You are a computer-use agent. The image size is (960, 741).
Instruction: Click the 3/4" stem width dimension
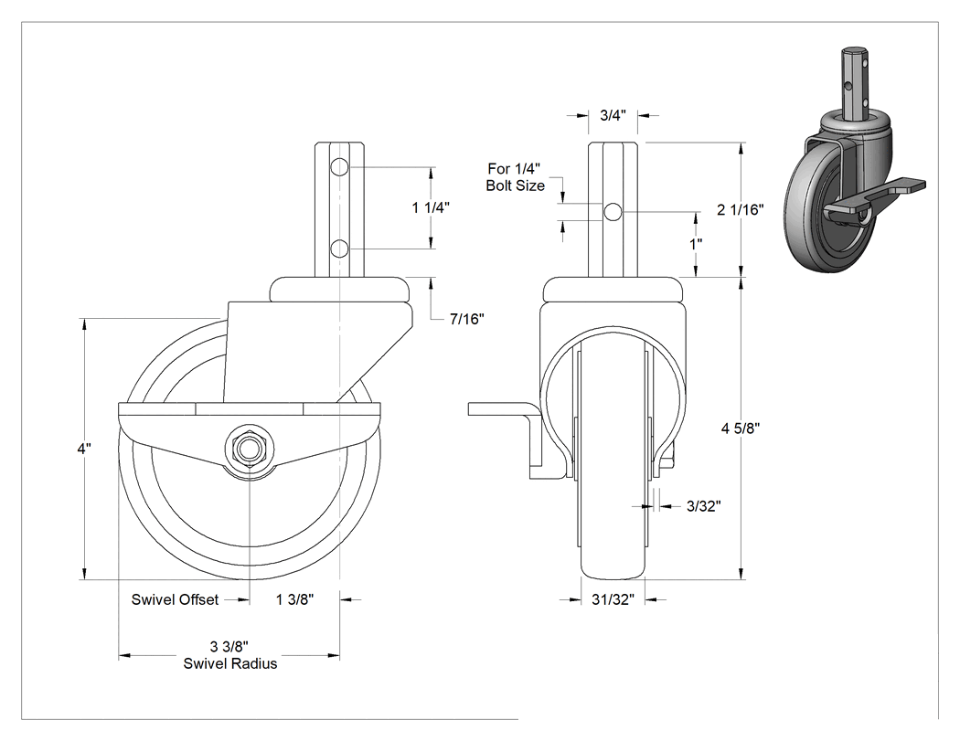pyautogui.click(x=613, y=115)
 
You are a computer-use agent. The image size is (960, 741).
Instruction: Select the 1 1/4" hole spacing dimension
pyautogui.click(x=431, y=208)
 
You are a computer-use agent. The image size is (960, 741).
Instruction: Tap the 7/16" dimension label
pyautogui.click(x=467, y=319)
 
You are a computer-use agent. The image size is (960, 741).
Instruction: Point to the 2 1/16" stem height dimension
pyautogui.click(x=741, y=210)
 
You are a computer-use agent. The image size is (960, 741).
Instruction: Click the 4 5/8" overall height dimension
pyautogui.click(x=741, y=429)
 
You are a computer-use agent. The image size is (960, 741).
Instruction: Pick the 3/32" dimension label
pyautogui.click(x=703, y=506)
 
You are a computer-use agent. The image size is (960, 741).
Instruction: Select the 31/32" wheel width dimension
pyautogui.click(x=613, y=599)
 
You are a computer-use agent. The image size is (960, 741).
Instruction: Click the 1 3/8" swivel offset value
pyautogui.click(x=294, y=599)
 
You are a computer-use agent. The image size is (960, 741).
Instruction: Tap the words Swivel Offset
pyautogui.click(x=175, y=599)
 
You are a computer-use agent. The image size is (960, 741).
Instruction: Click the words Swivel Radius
pyautogui.click(x=230, y=664)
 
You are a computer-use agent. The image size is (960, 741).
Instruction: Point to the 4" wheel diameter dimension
pyautogui.click(x=84, y=449)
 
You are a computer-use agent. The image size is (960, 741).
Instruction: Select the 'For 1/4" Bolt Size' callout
pyautogui.click(x=515, y=177)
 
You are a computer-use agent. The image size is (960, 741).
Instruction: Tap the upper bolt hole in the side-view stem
pyautogui.click(x=339, y=167)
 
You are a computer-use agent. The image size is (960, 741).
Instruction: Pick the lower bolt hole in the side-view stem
pyautogui.click(x=339, y=249)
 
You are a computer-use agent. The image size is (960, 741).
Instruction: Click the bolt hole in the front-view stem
pyautogui.click(x=613, y=212)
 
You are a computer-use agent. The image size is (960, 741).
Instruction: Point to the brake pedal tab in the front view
pyautogui.click(x=503, y=408)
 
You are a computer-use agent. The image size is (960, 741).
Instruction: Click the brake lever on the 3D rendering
pyautogui.click(x=877, y=196)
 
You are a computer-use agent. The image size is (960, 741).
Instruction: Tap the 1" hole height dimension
pyautogui.click(x=696, y=245)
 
